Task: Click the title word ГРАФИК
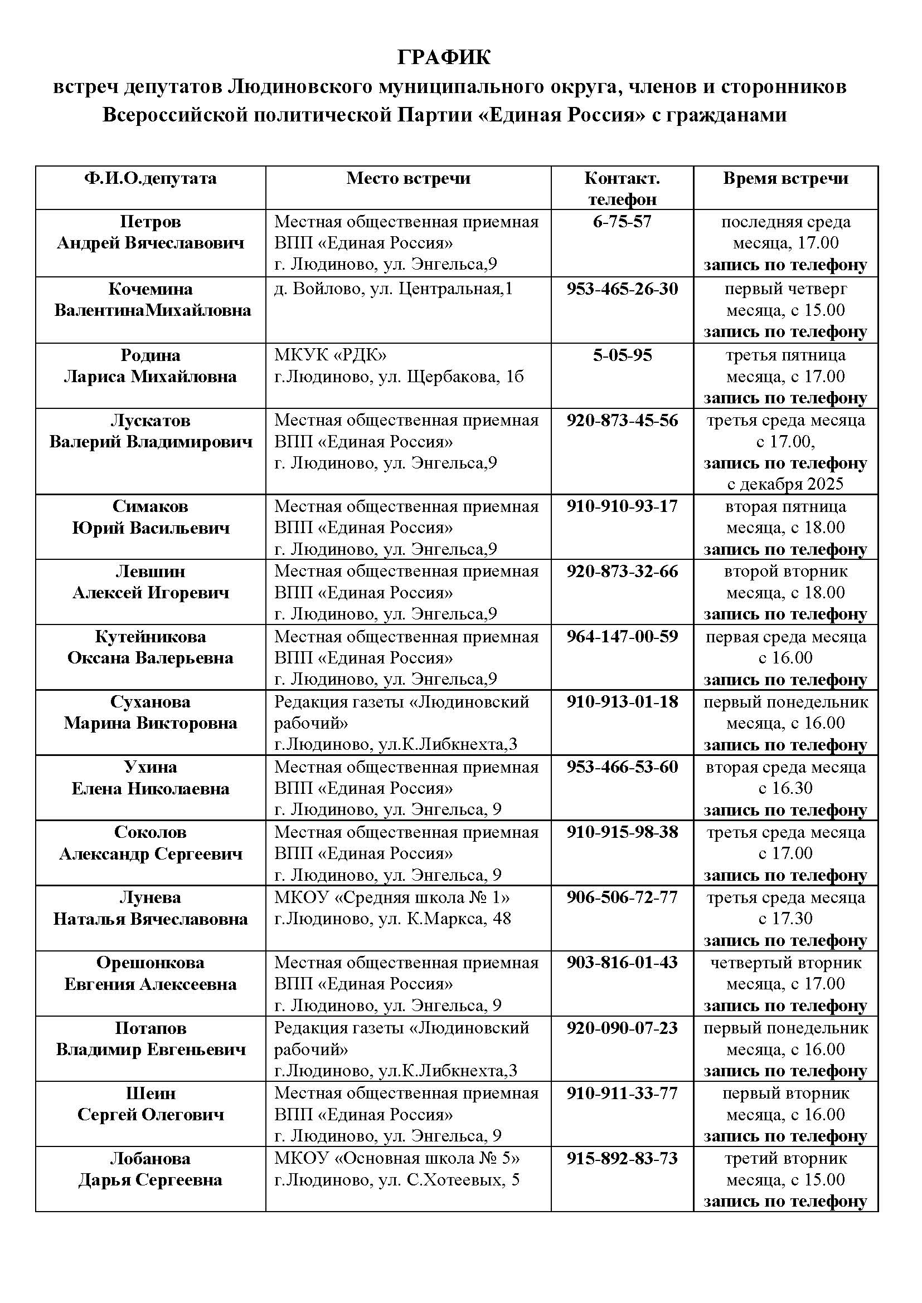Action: (x=443, y=57)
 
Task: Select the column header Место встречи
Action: (x=408, y=178)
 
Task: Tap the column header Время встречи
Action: (x=785, y=178)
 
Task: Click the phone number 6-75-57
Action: (x=622, y=221)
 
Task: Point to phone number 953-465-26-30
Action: (x=622, y=289)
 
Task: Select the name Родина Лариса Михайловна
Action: (x=150, y=366)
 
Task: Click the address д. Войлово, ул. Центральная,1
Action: (x=394, y=289)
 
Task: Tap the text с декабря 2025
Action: (x=785, y=484)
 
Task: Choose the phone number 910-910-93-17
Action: (x=622, y=506)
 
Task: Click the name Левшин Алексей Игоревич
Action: (x=150, y=582)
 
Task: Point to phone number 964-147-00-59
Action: (x=622, y=636)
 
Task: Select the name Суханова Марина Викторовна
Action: (x=150, y=712)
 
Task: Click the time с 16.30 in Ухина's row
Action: (x=785, y=788)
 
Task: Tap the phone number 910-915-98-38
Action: (x=622, y=832)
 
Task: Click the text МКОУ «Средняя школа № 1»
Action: (x=392, y=897)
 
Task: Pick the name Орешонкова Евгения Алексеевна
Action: (x=150, y=973)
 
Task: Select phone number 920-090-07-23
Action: (x=622, y=1028)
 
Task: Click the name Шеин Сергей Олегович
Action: (x=150, y=1104)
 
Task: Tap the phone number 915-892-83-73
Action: (x=622, y=1158)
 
